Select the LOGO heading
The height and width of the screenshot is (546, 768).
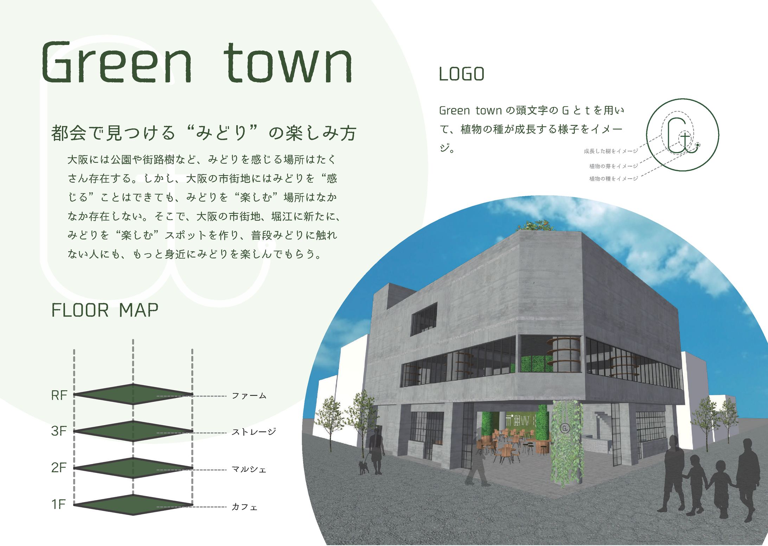point(461,74)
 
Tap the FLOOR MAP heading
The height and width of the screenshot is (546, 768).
point(105,310)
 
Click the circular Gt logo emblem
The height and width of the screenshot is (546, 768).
point(682,135)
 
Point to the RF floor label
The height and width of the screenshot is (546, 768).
point(59,396)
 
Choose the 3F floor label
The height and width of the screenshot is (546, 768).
point(59,431)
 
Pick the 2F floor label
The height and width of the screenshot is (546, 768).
point(59,468)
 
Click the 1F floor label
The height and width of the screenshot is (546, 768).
point(59,505)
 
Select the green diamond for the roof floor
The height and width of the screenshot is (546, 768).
point(133,394)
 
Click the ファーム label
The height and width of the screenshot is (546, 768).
point(249,396)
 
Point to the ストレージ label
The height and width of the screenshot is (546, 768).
point(254,432)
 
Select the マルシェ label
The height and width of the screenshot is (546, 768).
point(249,469)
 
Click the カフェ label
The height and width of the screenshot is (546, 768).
point(244,507)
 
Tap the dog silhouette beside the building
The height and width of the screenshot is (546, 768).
point(363,468)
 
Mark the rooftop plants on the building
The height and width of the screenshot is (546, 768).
point(535,226)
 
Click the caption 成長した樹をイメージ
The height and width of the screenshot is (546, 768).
point(611,151)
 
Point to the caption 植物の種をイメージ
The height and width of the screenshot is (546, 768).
point(613,179)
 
